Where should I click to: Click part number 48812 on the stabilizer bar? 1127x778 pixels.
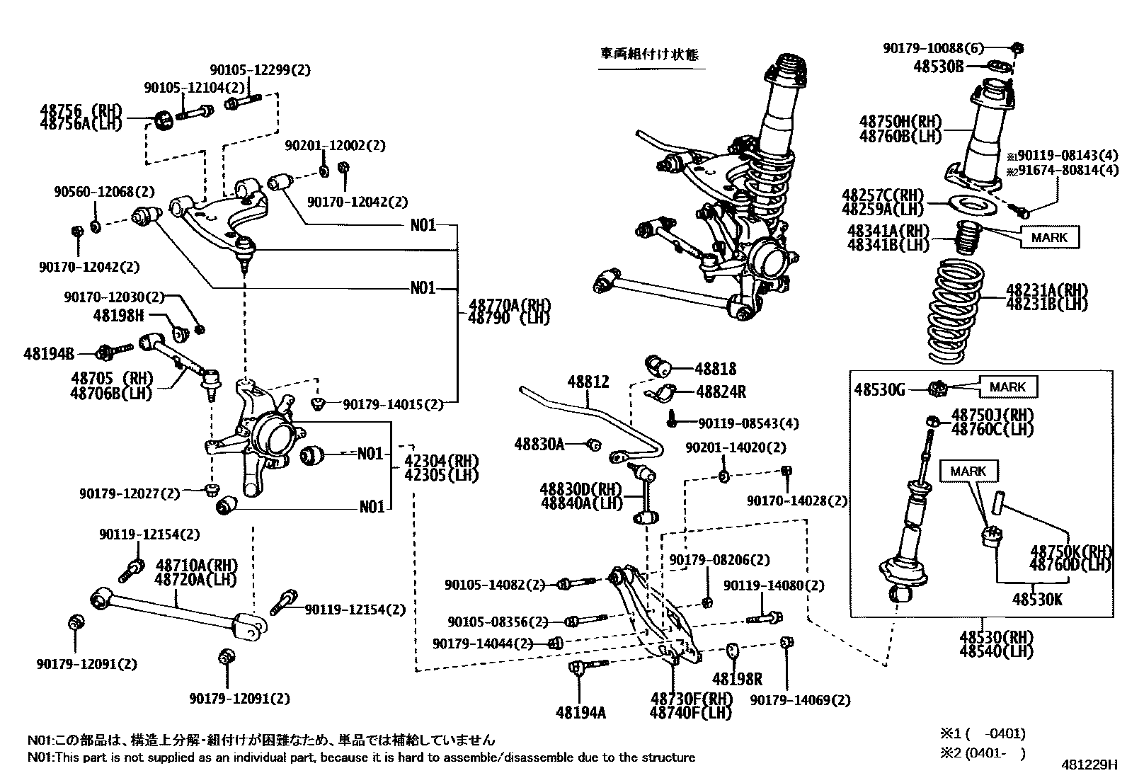588,382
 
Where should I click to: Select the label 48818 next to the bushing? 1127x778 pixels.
715,369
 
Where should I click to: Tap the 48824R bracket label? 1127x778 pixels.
721,391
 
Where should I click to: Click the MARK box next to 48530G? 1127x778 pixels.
1007,387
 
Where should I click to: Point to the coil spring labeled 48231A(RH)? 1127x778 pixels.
956,311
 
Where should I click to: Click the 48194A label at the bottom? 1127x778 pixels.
580,712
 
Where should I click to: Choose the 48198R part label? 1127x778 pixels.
737,679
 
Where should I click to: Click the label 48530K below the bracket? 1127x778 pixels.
1037,600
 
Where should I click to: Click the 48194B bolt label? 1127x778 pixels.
50,352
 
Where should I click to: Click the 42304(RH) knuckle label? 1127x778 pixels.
442,461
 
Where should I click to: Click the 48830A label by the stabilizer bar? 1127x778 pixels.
539,444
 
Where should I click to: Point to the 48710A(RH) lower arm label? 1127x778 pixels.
197,566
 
